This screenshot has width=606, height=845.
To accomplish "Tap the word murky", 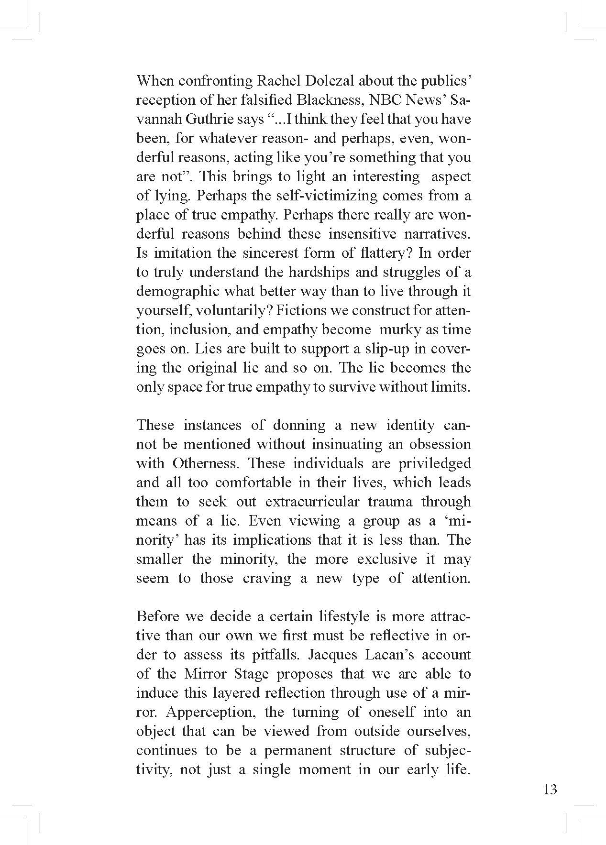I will (398, 329).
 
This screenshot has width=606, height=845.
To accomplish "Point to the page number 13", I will (550, 789).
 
